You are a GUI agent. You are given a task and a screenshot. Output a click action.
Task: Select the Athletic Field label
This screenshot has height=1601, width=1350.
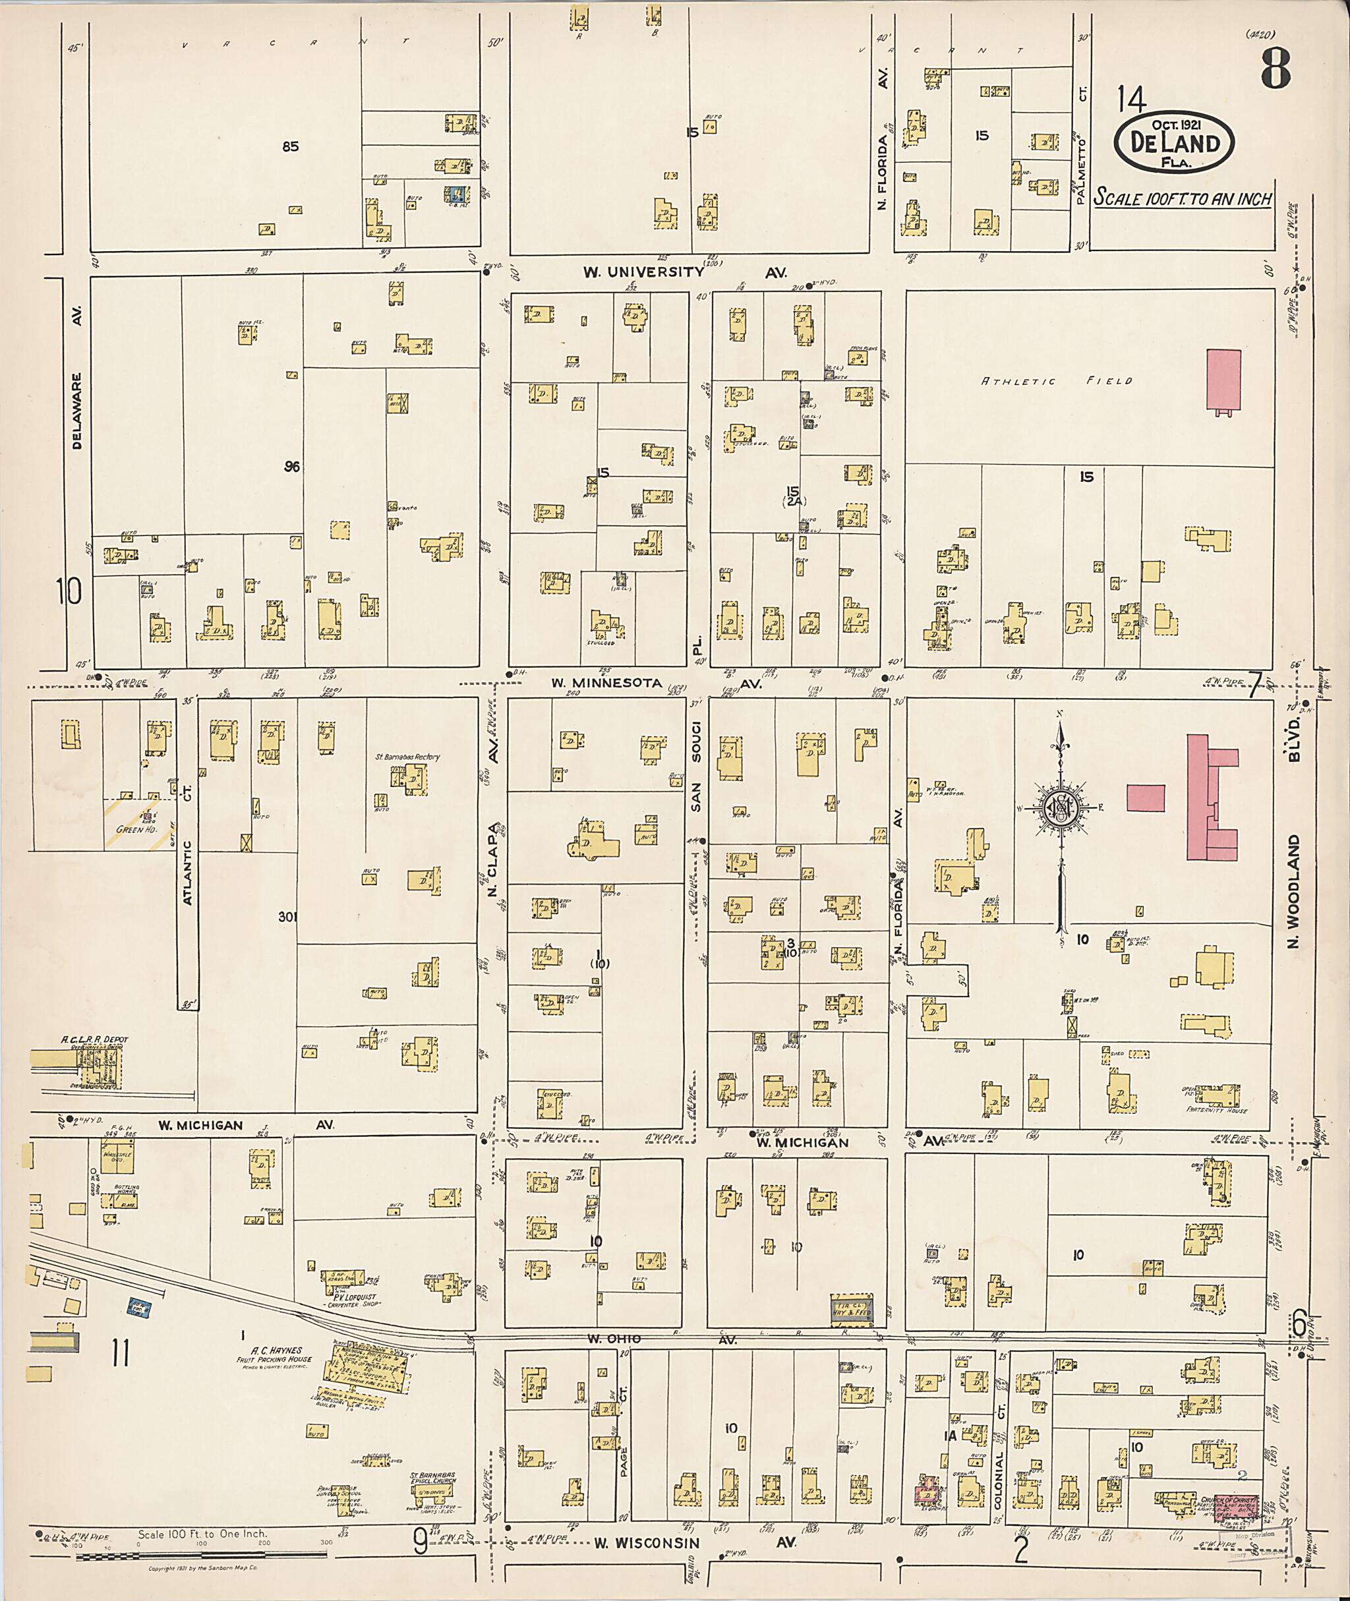click(x=1056, y=381)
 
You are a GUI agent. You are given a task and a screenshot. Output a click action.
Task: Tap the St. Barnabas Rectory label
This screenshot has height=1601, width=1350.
click(x=407, y=757)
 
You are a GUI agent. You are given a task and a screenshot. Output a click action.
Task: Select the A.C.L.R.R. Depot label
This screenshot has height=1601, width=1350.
click(x=95, y=1040)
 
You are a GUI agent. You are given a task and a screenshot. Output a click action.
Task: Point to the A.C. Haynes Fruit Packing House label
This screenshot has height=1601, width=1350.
click(x=274, y=1355)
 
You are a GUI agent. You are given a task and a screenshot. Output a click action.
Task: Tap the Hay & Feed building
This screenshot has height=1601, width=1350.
click(x=851, y=1311)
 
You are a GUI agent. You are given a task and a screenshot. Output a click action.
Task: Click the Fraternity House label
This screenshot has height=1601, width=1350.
click(x=1216, y=1110)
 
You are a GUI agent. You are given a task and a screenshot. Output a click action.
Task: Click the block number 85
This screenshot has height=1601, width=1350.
click(x=290, y=147)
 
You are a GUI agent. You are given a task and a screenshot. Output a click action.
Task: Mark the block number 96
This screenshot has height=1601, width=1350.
click(x=291, y=467)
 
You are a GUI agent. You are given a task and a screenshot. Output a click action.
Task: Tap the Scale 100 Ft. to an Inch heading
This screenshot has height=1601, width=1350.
click(x=1183, y=198)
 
